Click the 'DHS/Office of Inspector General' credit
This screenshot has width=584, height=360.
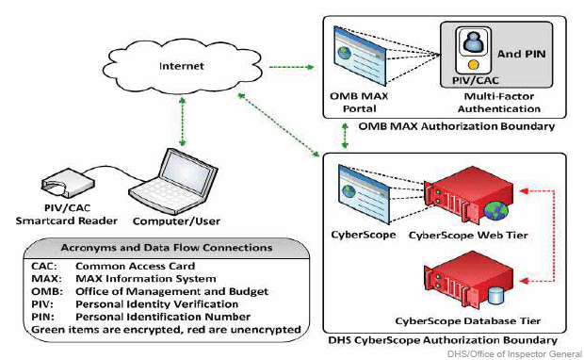pos(520,352)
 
